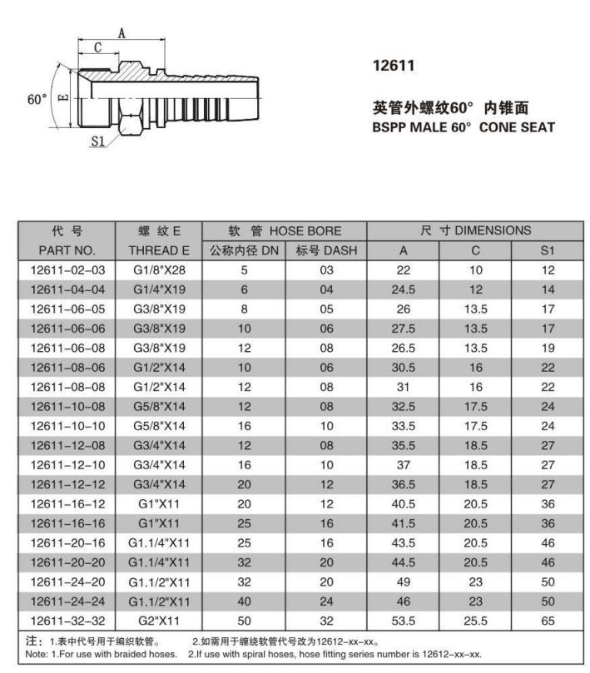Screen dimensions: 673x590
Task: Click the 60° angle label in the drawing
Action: tap(37, 99)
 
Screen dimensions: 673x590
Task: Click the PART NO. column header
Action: tap(67, 250)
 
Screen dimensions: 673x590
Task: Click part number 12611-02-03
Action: tap(68, 270)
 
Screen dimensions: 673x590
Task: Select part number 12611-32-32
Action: tap(68, 621)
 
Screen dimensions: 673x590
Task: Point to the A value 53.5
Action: tap(403, 621)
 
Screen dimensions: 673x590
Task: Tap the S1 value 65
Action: tap(547, 621)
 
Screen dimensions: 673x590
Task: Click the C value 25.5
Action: tap(475, 621)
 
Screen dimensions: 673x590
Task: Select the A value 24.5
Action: tap(403, 289)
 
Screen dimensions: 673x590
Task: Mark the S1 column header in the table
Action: tap(547, 250)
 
